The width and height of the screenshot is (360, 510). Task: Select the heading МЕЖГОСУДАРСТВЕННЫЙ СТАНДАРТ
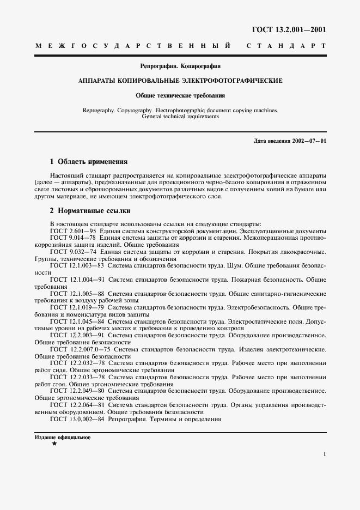[x=180, y=47]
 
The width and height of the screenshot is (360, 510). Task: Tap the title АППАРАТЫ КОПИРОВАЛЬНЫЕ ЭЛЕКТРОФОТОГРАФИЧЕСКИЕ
[x=180, y=81]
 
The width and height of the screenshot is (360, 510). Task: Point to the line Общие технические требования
[x=180, y=95]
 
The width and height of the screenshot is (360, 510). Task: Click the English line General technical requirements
[x=180, y=116]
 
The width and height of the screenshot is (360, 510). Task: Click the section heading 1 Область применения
[x=88, y=162]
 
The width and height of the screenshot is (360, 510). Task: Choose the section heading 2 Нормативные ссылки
[x=90, y=211]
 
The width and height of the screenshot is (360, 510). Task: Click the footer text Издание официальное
[x=62, y=438]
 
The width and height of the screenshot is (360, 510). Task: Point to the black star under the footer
[x=54, y=445]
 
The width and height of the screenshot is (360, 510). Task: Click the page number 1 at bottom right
[x=324, y=454]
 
